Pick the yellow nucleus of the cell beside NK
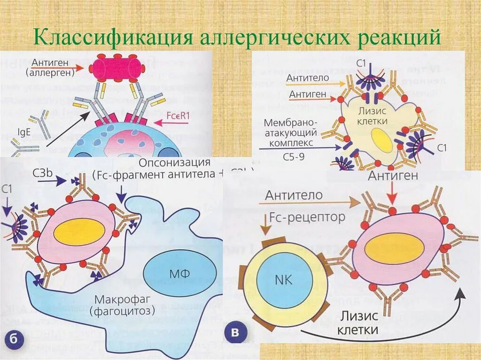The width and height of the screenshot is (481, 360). tap(395, 248)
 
